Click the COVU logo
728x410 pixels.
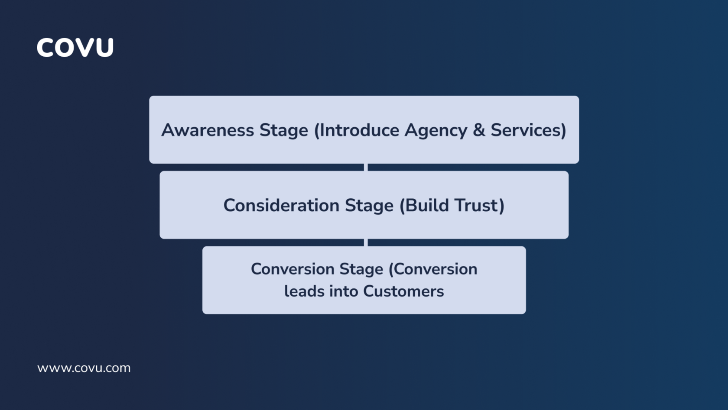[x=75, y=47]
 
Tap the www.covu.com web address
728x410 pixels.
[x=84, y=368]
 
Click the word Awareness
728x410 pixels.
[x=208, y=130]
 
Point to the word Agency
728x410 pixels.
[x=435, y=130]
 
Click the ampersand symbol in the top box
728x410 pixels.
[x=479, y=130]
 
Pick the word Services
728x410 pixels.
[x=526, y=130]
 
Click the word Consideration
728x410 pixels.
[x=281, y=205]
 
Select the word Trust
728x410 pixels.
[x=477, y=205]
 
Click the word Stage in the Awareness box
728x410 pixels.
[x=283, y=130]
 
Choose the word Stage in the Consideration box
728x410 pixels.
[x=369, y=206]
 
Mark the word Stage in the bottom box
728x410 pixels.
[x=361, y=269]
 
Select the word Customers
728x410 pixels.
[x=403, y=291]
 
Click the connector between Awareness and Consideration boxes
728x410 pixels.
[x=366, y=167]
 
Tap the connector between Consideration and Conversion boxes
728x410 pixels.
[x=366, y=242]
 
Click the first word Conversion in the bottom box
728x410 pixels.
[x=292, y=269]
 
